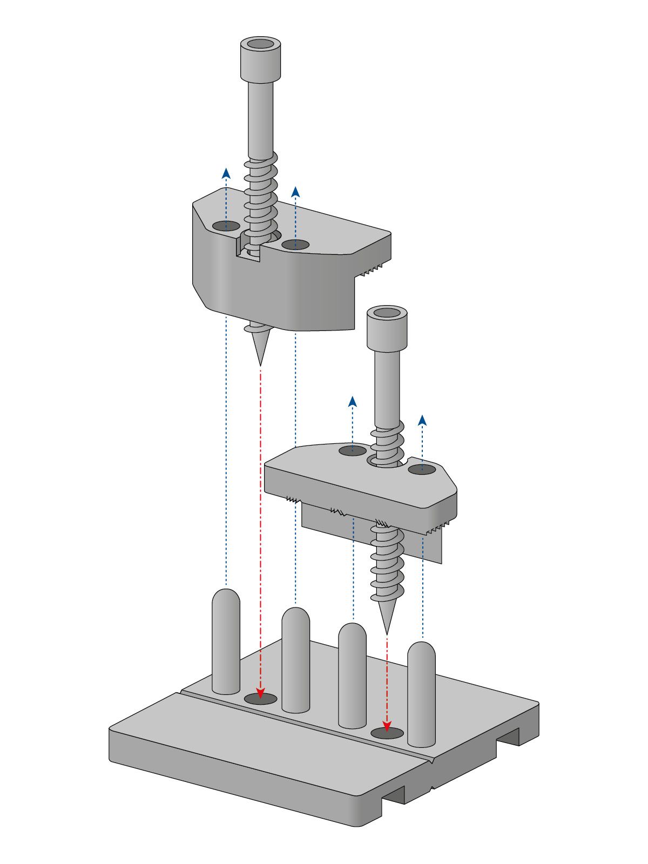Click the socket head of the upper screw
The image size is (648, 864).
[x=260, y=58]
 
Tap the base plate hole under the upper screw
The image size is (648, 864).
[x=261, y=699]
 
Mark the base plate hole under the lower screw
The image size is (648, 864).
[x=387, y=733]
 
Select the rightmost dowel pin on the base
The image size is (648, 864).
[x=421, y=694]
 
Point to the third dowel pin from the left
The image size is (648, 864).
[x=352, y=675]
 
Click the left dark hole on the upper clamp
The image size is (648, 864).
[x=226, y=226]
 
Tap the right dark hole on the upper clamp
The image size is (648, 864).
[x=295, y=245]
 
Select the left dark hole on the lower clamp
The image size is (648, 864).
[x=352, y=450]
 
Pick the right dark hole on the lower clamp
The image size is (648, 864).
[x=422, y=469]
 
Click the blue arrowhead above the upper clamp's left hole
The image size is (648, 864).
[x=226, y=173]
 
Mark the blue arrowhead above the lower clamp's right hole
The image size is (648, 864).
[x=422, y=420]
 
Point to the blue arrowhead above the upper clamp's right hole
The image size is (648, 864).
[x=295, y=192]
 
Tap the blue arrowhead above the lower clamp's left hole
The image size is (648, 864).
[x=353, y=401]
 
